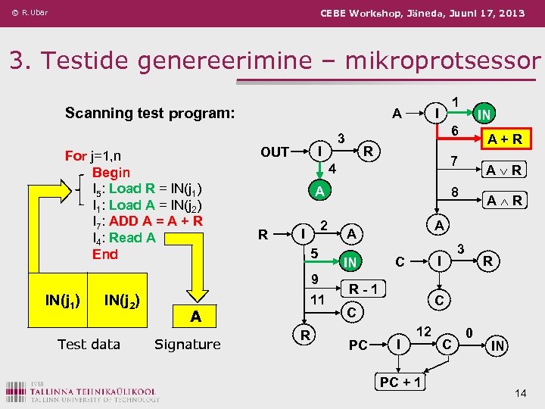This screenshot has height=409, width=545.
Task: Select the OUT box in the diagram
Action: pyautogui.click(x=275, y=152)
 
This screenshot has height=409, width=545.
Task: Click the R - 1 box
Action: pyautogui.click(x=364, y=288)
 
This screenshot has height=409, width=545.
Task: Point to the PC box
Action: pyautogui.click(x=358, y=345)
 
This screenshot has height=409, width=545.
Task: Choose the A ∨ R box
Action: pyautogui.click(x=503, y=170)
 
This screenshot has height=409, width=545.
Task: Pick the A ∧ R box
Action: pyautogui.click(x=503, y=201)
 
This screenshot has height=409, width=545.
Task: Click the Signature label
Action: pyautogui.click(x=187, y=345)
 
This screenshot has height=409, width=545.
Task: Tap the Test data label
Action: pyautogui.click(x=89, y=345)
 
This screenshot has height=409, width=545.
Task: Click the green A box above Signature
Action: pyautogui.click(x=195, y=317)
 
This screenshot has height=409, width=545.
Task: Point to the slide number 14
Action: pyautogui.click(x=520, y=392)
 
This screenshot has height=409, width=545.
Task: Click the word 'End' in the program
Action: pyautogui.click(x=104, y=254)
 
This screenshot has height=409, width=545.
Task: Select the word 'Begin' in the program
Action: pyautogui.click(x=111, y=172)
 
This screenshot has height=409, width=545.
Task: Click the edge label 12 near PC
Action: pyautogui.click(x=425, y=330)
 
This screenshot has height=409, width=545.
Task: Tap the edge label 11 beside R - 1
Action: pyautogui.click(x=319, y=299)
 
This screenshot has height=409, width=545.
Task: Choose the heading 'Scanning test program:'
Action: pyautogui.click(x=150, y=113)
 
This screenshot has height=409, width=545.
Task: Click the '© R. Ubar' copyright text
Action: pyautogui.click(x=30, y=12)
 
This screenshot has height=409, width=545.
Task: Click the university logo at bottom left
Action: pyautogui.click(x=83, y=390)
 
